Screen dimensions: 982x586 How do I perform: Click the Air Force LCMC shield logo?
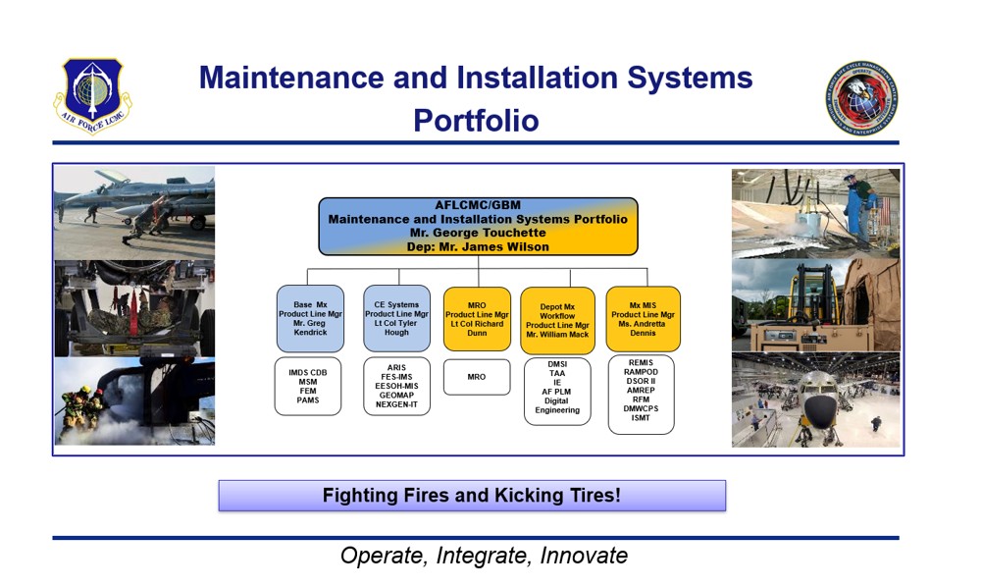point(92,95)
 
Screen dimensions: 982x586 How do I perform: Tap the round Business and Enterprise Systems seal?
point(861,98)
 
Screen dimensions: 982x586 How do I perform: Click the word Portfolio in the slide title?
point(476,121)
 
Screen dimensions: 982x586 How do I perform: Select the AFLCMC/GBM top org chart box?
point(478,226)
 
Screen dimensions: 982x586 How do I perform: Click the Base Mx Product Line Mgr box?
point(310,318)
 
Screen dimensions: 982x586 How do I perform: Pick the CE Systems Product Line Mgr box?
point(396,318)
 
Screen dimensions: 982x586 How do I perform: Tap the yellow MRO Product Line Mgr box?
point(477,319)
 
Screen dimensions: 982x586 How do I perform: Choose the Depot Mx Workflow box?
point(557,321)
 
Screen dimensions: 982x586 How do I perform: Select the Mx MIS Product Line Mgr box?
point(643,319)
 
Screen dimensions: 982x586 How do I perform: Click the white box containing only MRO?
point(477,377)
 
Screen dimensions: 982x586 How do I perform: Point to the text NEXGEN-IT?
point(396,404)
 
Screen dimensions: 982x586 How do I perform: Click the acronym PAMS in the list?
point(308,400)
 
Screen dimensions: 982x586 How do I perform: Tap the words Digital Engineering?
point(557,405)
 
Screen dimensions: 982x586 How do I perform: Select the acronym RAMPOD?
point(641,372)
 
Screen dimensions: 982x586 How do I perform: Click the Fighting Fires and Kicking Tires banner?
point(472,496)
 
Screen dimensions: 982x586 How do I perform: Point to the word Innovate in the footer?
point(584,556)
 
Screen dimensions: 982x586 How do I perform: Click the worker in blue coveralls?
point(858,209)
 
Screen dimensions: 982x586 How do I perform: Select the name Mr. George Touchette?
point(478,233)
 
